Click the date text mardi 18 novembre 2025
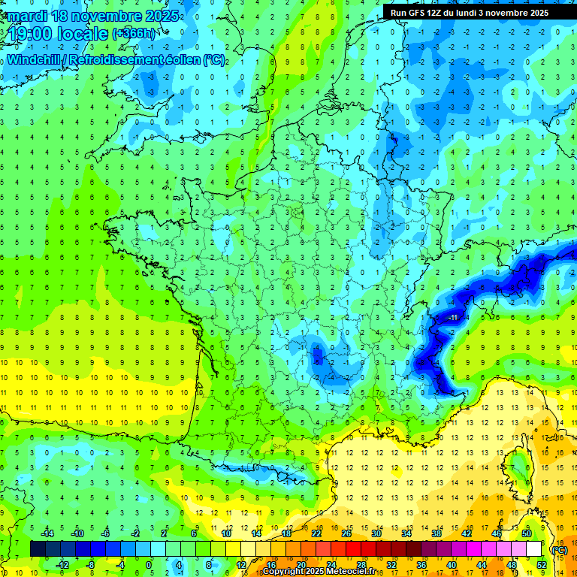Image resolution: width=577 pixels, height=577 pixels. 94,16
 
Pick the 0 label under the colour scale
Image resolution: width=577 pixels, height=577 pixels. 148,564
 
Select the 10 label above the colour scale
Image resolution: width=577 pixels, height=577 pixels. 225,533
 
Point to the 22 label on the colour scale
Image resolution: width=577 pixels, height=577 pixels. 316,533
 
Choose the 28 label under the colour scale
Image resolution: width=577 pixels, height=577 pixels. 361,564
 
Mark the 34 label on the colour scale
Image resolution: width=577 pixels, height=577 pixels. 406,533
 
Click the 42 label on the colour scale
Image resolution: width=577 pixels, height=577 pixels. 467,533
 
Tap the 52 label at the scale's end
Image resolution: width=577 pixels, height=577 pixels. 542,564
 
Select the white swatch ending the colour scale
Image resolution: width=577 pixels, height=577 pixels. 534,549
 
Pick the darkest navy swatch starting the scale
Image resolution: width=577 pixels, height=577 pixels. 38,549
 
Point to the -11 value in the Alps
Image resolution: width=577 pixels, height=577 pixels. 454,318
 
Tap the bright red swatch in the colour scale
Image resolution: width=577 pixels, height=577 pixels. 354,549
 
